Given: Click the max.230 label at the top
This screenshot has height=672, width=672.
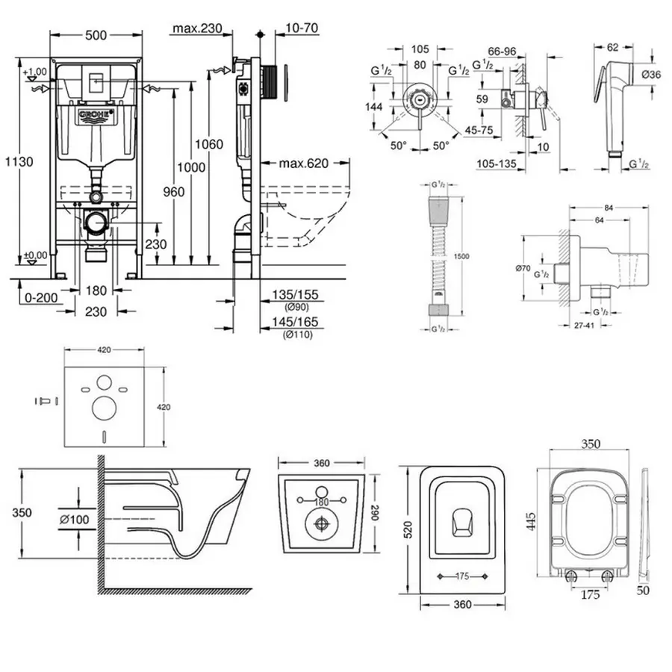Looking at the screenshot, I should [198, 29].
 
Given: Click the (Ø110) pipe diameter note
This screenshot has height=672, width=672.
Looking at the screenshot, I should [297, 334].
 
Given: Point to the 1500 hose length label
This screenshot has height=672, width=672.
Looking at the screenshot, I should [461, 256].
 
